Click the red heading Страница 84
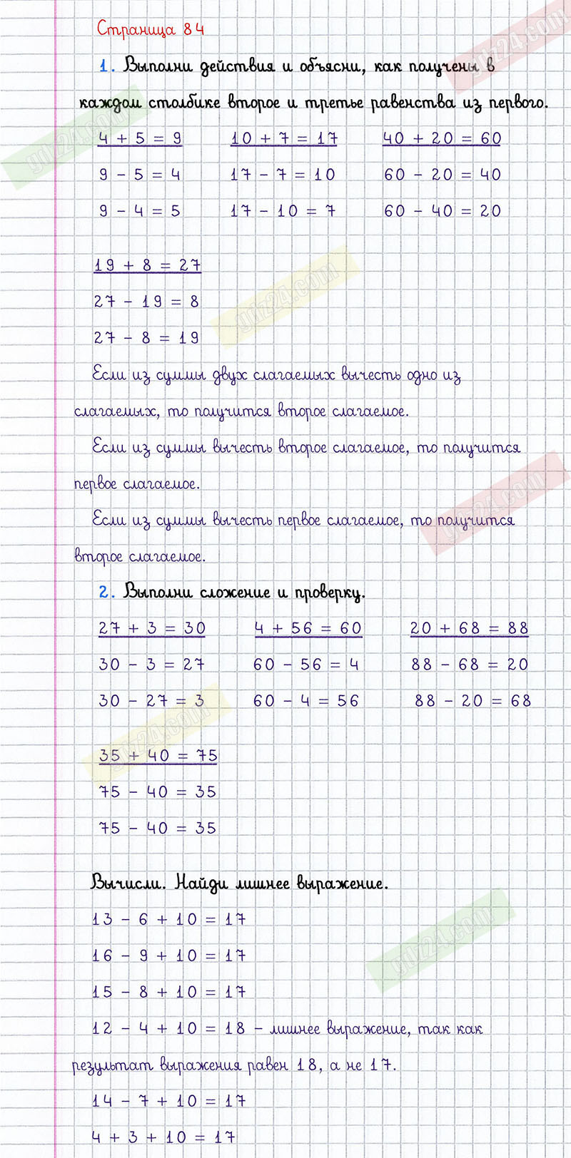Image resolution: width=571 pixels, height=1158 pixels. pos(151,29)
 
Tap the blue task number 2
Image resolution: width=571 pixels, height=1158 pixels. pos(106,592)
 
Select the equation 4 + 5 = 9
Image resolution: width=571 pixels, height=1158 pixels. pos(140,138)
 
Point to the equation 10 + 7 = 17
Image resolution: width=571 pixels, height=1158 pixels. pos(283,138)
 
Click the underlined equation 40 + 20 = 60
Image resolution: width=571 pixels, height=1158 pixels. pos(442,138)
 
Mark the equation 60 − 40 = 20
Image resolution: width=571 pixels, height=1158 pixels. pos(443,211)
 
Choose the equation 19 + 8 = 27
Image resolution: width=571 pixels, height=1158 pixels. pos(147,265)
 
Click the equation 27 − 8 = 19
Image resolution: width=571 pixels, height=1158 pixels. pos(146,338)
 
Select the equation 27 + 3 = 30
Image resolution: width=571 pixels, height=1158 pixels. pos(152,628)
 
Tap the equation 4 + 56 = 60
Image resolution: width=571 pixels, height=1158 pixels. pos(308,628)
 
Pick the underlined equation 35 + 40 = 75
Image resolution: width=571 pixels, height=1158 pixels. pos(158,756)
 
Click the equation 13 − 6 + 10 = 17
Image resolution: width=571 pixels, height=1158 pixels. pos(169,920)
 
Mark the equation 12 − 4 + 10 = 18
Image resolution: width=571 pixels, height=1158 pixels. pos(168,1029)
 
